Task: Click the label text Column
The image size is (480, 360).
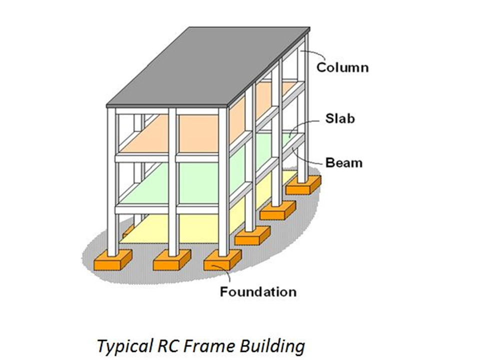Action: tap(342, 66)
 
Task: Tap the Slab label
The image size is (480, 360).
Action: tap(340, 119)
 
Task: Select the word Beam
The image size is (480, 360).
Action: tap(343, 162)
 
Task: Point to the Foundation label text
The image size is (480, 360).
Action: tap(258, 291)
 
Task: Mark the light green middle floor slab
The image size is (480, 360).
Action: tap(200, 182)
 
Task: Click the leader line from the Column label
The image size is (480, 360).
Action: tap(312, 55)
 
